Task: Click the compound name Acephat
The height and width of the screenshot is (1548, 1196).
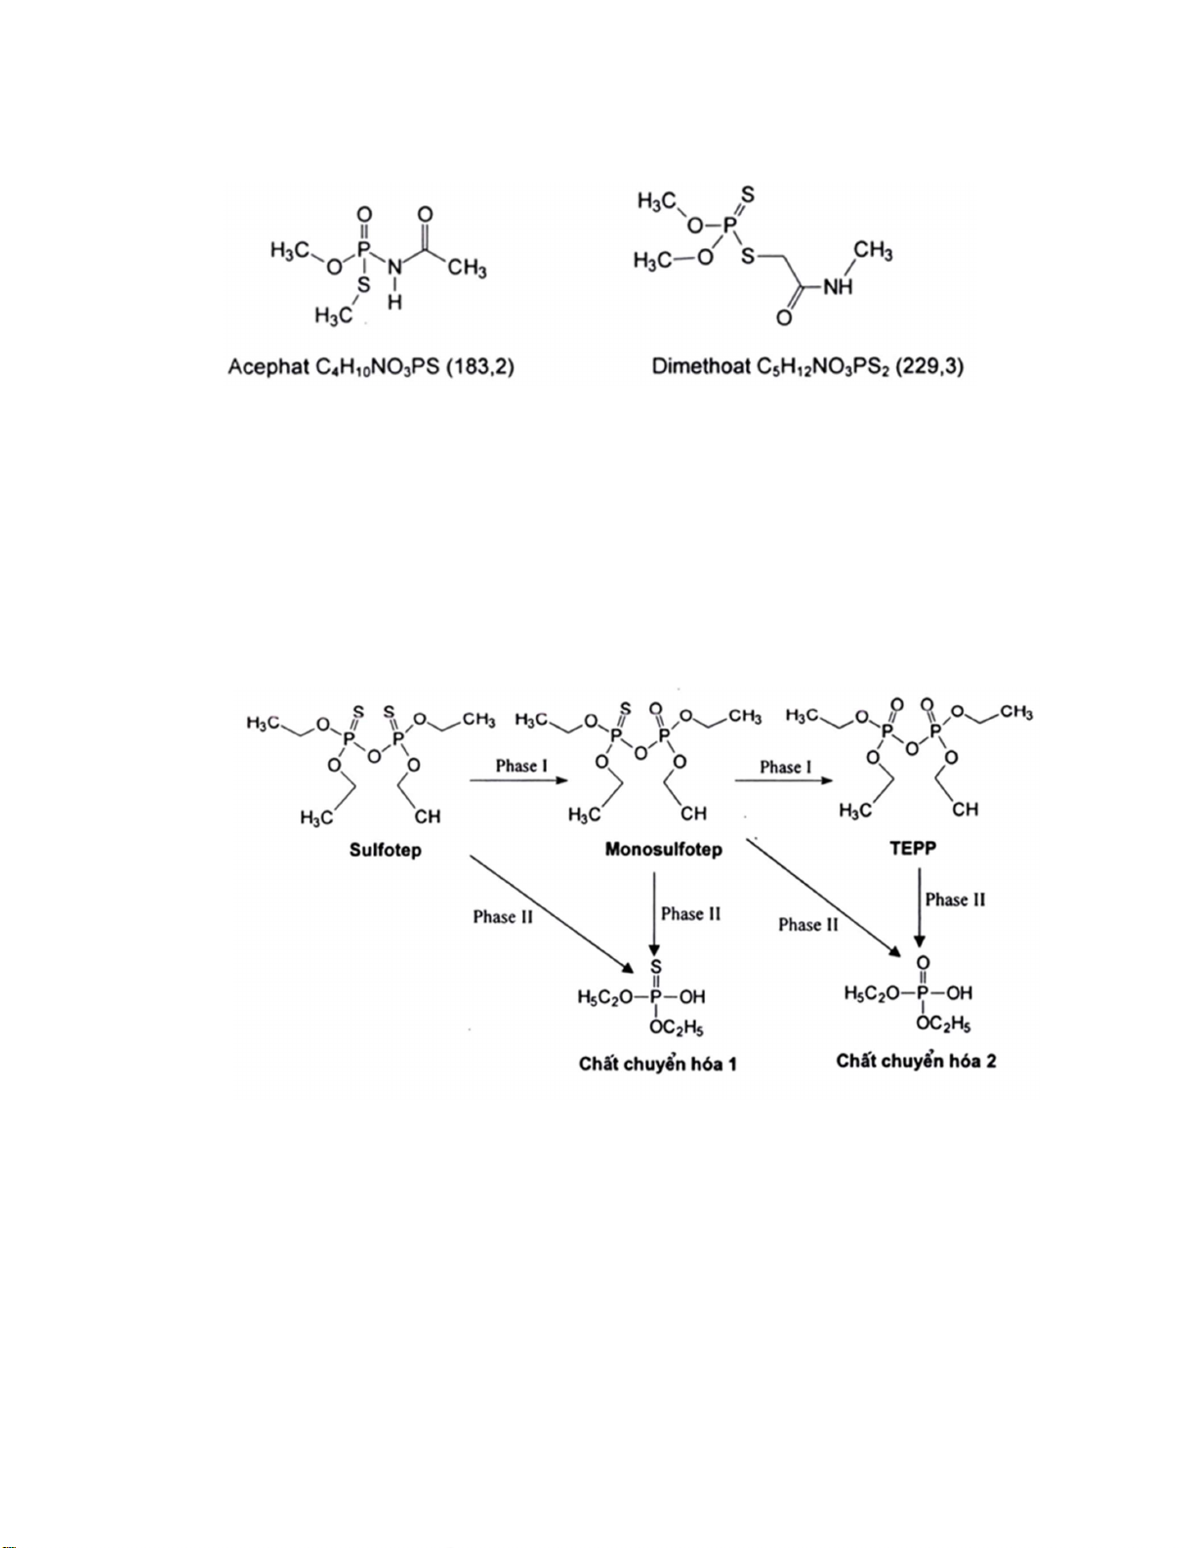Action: pos(268,367)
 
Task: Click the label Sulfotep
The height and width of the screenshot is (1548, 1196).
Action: pos(385,851)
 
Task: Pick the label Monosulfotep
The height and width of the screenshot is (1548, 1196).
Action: pos(664,850)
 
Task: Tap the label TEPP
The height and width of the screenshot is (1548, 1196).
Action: pos(914,849)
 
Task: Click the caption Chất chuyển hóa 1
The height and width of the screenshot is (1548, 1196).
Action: pos(658,1065)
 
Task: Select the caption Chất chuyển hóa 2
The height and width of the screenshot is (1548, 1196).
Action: pos(916,1062)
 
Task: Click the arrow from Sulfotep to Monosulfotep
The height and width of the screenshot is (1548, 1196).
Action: pos(519,780)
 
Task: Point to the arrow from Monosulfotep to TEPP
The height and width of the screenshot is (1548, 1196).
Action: pos(784,780)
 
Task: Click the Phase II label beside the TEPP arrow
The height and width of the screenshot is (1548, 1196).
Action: pos(956,900)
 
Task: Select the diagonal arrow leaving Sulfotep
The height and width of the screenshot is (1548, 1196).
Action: pos(552,914)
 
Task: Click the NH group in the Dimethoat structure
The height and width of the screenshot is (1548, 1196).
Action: pos(838,287)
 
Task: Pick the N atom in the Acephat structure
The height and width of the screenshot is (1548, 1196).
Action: pos(395,268)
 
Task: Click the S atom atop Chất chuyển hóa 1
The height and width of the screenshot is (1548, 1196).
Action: pos(656,968)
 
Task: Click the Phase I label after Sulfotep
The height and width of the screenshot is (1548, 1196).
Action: pos(521,767)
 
